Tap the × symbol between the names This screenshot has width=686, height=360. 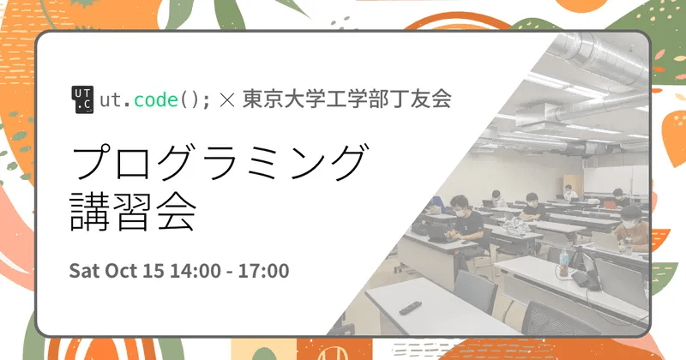click(227, 99)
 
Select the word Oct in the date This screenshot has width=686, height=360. click(123, 271)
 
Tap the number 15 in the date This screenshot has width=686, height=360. click(155, 271)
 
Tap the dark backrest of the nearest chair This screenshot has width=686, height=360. click(476, 296)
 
